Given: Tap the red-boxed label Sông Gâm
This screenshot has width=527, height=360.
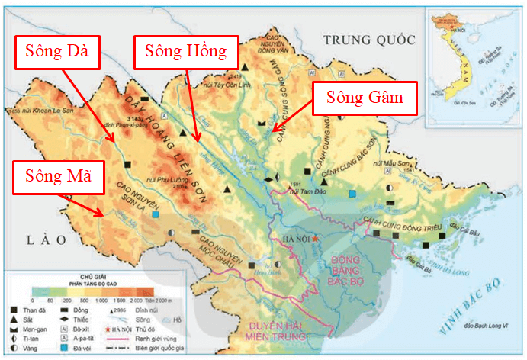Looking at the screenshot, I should click(365, 97).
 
